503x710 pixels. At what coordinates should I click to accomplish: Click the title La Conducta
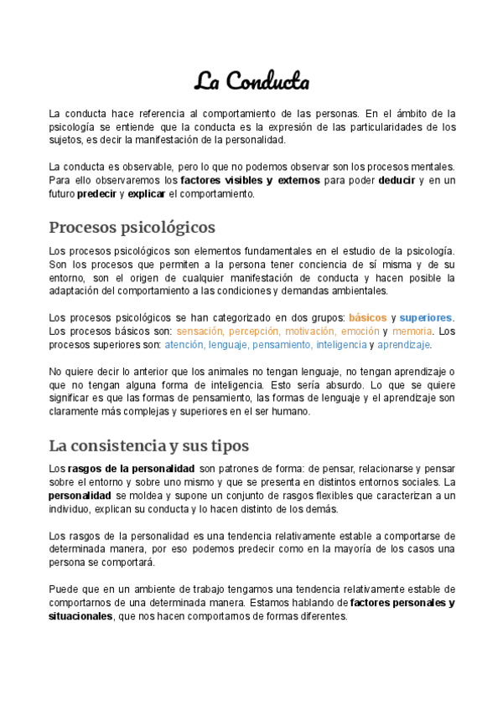click(251, 82)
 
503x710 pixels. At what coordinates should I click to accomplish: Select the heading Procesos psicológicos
click(132, 228)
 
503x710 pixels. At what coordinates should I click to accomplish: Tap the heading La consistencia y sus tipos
click(148, 445)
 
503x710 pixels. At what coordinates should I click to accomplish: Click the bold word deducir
click(397, 180)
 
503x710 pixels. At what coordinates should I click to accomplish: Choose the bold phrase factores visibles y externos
click(238, 180)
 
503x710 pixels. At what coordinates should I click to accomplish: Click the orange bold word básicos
click(367, 317)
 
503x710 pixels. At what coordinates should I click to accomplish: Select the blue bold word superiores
click(425, 317)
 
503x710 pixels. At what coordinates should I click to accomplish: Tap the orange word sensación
click(200, 331)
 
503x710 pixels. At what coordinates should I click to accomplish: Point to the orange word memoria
click(412, 331)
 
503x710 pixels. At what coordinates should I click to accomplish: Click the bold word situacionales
click(80, 615)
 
